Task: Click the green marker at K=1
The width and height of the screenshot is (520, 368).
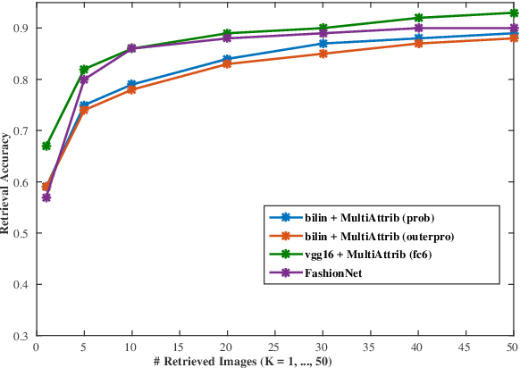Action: [46, 146]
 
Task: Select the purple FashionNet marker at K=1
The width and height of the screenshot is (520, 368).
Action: [46, 197]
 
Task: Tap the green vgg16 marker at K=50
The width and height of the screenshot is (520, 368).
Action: [513, 13]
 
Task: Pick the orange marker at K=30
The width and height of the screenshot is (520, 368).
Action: [323, 54]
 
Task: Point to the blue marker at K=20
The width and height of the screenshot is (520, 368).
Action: [227, 59]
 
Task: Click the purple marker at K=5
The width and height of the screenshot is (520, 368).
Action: [84, 79]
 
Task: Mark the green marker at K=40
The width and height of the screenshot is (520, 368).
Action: [418, 18]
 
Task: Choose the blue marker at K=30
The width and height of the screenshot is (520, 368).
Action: [323, 43]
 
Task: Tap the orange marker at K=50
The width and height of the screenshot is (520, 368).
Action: [513, 38]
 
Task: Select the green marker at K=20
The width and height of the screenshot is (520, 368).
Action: [227, 33]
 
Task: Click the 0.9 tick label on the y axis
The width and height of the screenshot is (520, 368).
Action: [23, 29]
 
